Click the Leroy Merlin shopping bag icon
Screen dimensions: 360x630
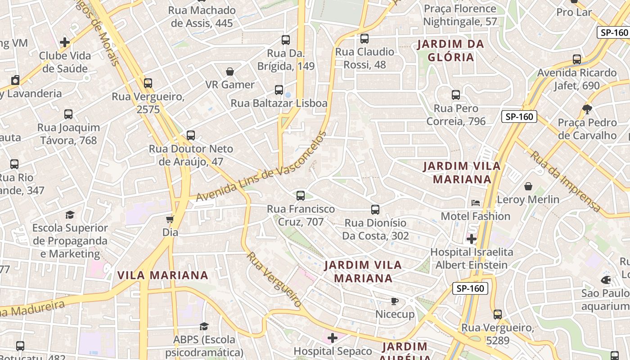coord(528,186)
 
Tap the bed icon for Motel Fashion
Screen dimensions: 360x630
coord(476,203)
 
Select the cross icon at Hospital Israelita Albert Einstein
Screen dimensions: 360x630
coord(472,238)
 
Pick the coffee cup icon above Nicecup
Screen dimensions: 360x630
coord(395,301)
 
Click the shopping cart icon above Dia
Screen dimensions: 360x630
coord(170,219)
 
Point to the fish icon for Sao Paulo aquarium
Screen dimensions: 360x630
coord(606,280)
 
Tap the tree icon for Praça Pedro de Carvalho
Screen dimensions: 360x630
coord(587,108)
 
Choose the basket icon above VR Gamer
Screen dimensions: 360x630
coord(230,72)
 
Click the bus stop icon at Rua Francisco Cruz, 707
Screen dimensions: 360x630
coord(301,196)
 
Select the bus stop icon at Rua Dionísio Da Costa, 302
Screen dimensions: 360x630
coord(375,210)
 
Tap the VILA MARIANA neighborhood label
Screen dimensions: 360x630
coord(163,275)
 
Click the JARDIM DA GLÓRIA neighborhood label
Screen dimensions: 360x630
coord(450,50)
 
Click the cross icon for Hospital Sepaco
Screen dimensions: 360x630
coord(333,337)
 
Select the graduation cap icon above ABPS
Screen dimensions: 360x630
coord(204,326)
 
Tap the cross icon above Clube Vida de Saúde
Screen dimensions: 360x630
coord(65,42)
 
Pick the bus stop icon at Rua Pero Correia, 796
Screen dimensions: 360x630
coord(456,95)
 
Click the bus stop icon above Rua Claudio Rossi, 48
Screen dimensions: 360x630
coord(364,39)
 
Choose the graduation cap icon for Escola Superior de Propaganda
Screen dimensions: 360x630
coord(70,215)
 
